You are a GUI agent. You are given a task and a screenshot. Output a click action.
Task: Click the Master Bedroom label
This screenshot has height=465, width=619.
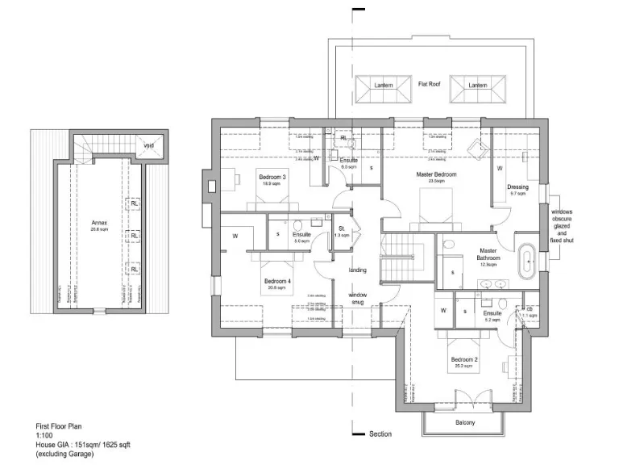436,175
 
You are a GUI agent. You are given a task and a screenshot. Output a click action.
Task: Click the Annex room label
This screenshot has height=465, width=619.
98,223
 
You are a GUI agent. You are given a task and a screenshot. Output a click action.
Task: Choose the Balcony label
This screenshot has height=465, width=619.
464,423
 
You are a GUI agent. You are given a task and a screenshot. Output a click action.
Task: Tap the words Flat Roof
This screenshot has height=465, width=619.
428,84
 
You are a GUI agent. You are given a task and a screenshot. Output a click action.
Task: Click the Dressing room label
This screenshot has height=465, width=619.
517,187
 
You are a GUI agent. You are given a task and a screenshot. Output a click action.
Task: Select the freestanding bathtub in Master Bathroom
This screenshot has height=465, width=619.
528,260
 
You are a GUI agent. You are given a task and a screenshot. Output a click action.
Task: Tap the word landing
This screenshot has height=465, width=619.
358,270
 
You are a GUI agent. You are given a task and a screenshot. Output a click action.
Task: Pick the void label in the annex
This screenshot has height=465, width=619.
149,145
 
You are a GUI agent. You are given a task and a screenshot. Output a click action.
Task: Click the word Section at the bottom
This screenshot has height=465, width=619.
380,434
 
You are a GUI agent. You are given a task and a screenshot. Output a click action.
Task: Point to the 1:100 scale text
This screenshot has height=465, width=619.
44,435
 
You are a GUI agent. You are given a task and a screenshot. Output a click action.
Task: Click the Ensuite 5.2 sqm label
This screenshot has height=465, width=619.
492,313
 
